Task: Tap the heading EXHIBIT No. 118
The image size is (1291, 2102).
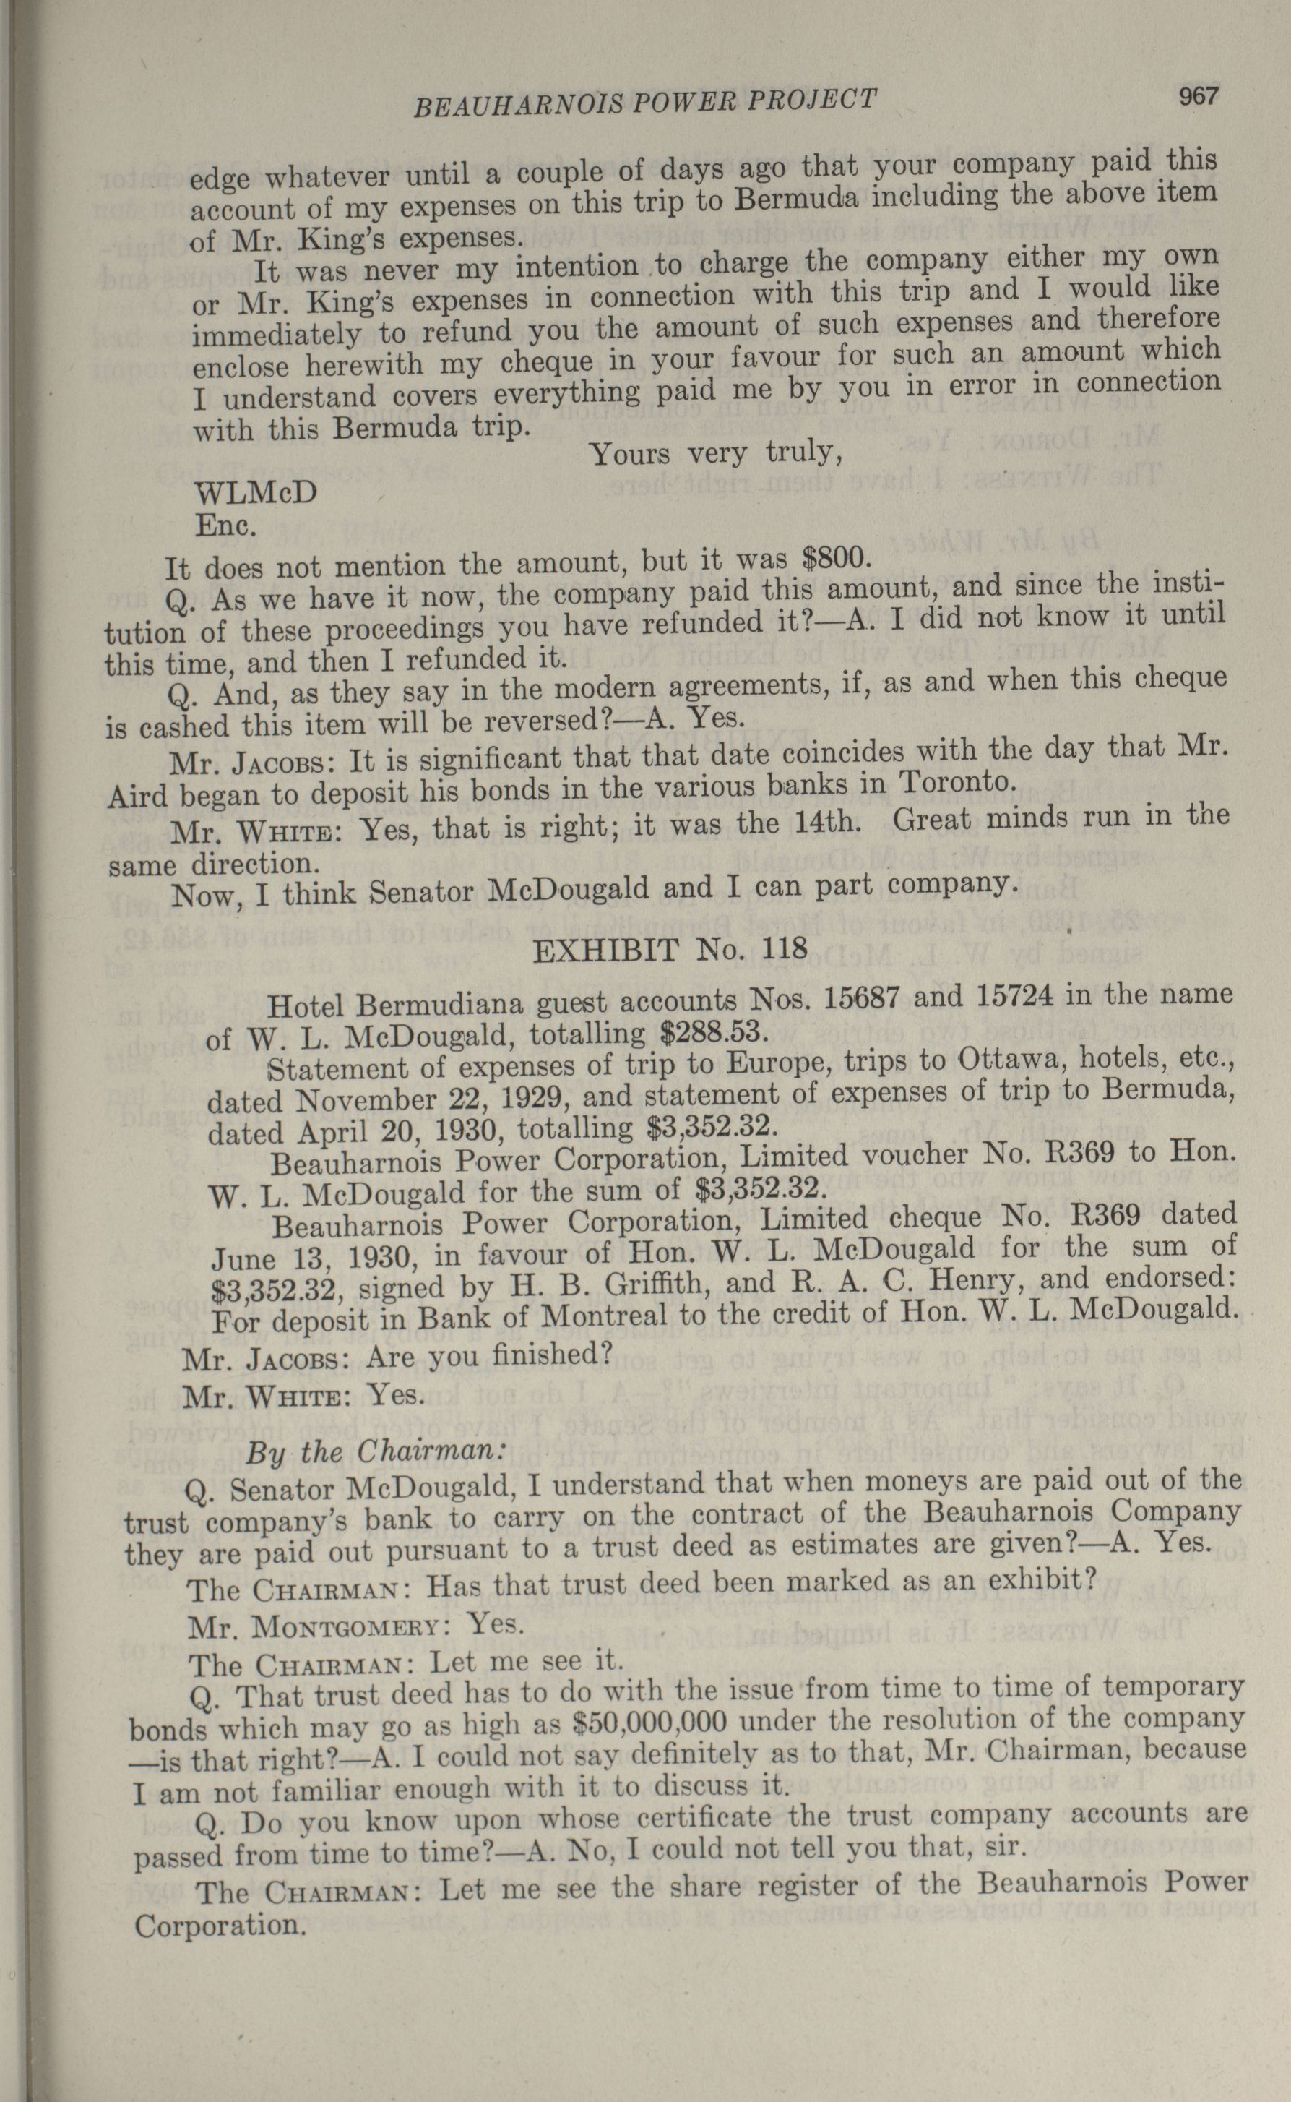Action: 670,950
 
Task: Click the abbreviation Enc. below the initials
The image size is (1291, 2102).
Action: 226,525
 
